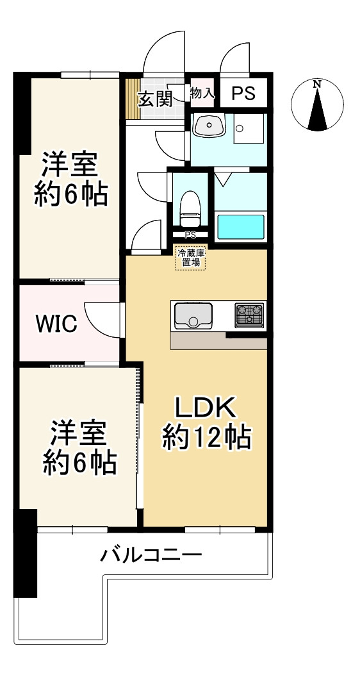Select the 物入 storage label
(x=202, y=94)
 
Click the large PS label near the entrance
(x=243, y=94)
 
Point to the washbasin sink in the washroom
(x=208, y=126)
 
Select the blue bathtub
(x=241, y=226)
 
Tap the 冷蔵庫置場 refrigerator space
(x=192, y=258)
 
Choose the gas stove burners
(x=249, y=315)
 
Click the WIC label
(x=56, y=324)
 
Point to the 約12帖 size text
(x=206, y=438)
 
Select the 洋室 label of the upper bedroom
(x=70, y=165)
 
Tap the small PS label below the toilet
(x=190, y=235)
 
